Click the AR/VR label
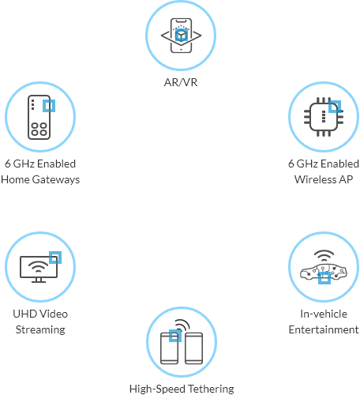click(181, 82)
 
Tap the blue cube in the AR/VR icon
click(182, 36)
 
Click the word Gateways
click(56, 180)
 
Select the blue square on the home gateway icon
click(49, 106)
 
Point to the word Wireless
click(315, 179)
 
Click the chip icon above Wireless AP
click(324, 117)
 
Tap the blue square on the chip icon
click(335, 107)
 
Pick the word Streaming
click(40, 330)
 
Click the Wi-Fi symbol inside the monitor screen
click(39, 266)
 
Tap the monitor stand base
click(39, 281)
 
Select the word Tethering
click(211, 389)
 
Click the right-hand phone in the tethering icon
click(194, 348)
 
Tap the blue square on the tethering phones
click(175, 336)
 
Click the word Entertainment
click(324, 329)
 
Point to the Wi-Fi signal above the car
click(324, 255)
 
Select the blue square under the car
click(324, 278)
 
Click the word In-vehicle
click(324, 314)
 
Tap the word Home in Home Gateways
click(15, 179)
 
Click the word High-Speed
click(157, 389)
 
